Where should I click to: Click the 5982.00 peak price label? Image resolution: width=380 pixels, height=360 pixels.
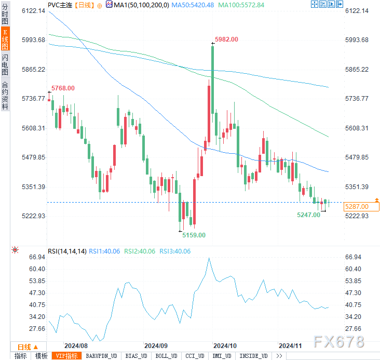[226, 39]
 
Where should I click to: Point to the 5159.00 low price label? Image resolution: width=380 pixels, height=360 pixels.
[194, 235]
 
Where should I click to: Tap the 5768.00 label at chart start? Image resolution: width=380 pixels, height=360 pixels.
[62, 88]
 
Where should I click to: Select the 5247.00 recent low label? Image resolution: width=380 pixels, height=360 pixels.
[308, 215]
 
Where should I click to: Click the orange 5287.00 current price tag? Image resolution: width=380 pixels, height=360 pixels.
[356, 206]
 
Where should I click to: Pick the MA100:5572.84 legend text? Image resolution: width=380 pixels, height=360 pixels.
[241, 5]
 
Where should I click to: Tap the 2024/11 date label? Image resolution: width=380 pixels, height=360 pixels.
[290, 345]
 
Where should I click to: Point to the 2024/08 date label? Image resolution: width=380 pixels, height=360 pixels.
[75, 345]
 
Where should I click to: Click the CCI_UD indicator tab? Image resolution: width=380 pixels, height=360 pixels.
[194, 356]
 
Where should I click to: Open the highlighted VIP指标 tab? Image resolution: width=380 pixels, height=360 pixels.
[66, 356]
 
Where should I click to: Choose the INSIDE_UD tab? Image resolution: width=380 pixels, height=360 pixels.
[253, 356]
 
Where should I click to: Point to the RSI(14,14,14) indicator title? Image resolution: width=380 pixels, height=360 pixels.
[67, 251]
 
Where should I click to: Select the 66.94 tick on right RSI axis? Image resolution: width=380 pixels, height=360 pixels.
[352, 257]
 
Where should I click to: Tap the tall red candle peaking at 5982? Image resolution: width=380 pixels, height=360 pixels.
[212, 78]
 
